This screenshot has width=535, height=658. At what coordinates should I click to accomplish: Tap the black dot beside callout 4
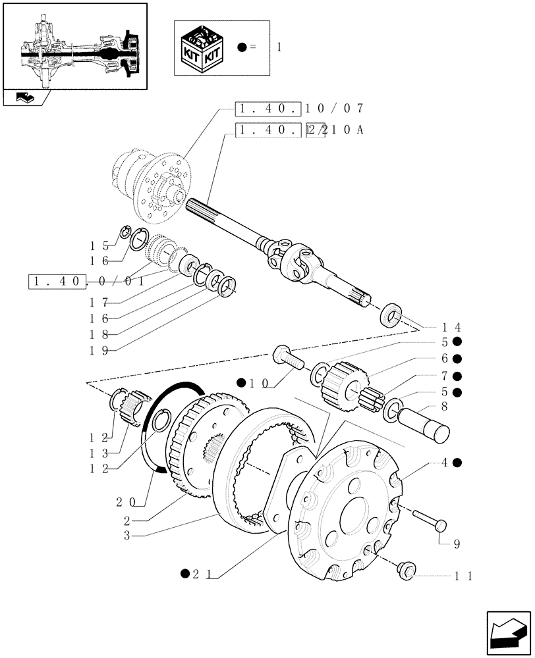[x=457, y=463]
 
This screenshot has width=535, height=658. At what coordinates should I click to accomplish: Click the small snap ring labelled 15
[x=125, y=232]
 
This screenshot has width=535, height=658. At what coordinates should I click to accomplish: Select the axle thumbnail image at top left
[x=75, y=46]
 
